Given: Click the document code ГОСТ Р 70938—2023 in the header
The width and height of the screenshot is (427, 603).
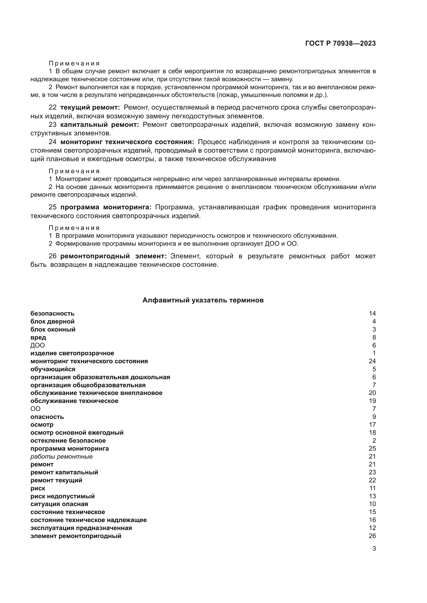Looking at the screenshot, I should click(340, 43).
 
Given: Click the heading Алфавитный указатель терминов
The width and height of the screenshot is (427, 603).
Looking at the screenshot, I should click(203, 300).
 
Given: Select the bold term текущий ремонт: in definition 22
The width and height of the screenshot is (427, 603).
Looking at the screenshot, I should click(90, 108).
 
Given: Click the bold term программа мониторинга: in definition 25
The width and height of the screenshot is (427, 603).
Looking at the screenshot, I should click(106, 207).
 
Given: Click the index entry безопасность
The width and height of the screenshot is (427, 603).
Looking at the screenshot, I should click(52, 313).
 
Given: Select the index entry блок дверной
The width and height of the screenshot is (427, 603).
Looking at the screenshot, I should click(52, 321).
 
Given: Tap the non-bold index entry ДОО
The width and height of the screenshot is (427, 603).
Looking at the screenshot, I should click(37, 345).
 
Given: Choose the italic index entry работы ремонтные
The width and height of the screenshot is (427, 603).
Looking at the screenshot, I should click(61, 457).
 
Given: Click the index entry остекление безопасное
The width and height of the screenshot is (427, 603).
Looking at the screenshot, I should click(68, 440).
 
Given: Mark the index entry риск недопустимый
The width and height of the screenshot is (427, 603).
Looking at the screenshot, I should click(62, 496).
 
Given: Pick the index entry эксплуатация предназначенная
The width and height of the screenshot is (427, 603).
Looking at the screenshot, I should click(81, 528).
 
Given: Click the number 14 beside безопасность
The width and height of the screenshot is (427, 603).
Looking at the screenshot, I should click(372, 313).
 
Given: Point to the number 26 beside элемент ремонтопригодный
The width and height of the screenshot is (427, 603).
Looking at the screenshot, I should click(372, 536).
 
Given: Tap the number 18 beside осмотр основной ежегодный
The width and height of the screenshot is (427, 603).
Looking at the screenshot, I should click(372, 433).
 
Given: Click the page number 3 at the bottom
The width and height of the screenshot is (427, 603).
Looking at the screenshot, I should click(374, 549).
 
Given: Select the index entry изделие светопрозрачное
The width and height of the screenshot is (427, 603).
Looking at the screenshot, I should click(72, 353).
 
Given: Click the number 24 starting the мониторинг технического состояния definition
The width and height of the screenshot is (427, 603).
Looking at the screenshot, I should click(52, 142).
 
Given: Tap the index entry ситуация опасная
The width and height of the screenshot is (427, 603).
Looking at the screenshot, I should click(59, 504).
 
